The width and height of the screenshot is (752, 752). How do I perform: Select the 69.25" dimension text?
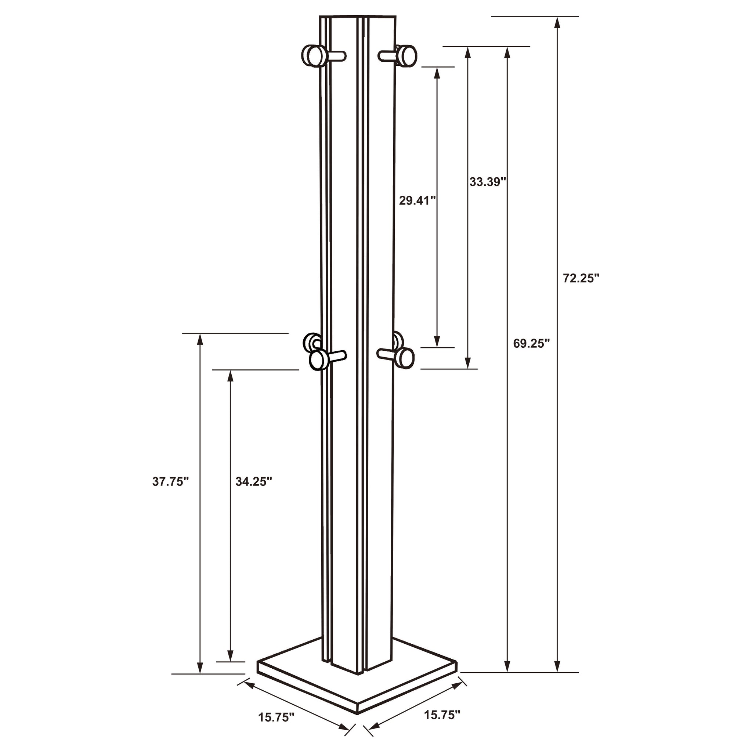click(x=531, y=343)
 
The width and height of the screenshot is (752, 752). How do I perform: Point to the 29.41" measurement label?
click(x=417, y=200)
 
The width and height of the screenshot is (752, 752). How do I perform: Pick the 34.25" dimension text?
click(x=253, y=481)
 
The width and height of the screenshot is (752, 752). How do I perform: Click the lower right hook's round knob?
click(x=406, y=357)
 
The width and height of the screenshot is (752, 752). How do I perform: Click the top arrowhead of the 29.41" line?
click(x=437, y=73)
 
